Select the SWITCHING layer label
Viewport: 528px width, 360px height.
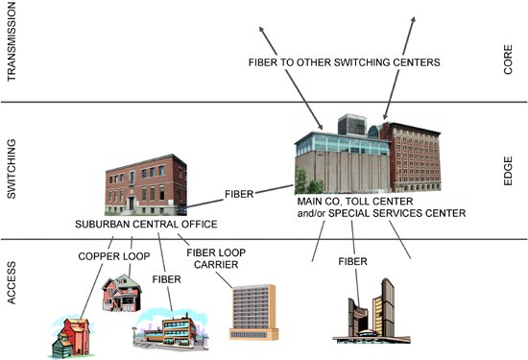12,170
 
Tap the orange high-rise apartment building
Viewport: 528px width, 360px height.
253,311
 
